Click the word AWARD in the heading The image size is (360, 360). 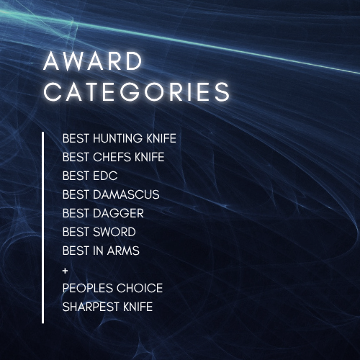[93, 62]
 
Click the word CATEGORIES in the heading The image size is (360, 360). [137, 93]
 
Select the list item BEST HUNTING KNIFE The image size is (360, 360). [119, 138]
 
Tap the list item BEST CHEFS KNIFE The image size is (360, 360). [113, 156]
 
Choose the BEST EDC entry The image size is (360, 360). [90, 175]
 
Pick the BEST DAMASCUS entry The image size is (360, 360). [111, 194]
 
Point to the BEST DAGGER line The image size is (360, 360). [103, 213]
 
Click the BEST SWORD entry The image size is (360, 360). [99, 232]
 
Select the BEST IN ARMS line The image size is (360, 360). [101, 251]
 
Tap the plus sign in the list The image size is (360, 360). [66, 269]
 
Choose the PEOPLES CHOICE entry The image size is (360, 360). [112, 288]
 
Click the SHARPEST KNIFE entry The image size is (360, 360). [107, 307]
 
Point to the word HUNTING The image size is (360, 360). [116, 138]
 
